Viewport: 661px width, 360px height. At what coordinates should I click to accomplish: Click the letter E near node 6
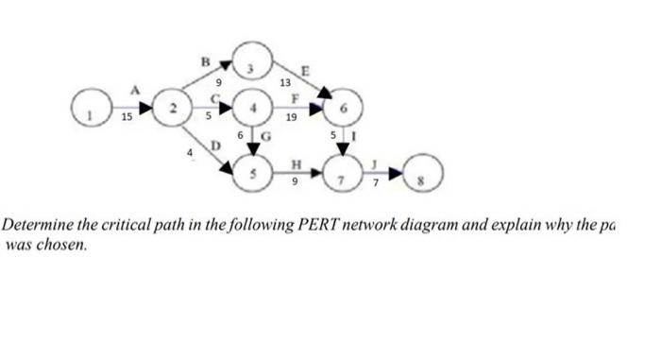tap(303, 69)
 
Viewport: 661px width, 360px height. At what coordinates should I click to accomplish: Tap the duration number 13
tap(284, 84)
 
